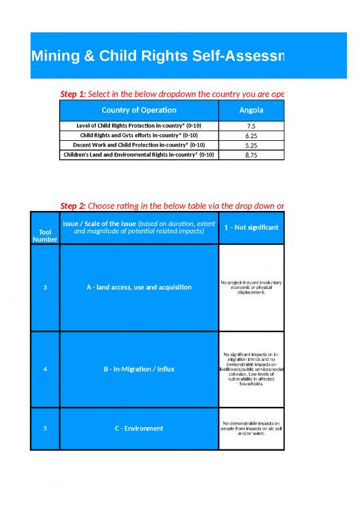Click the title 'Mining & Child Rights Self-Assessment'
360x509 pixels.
pyautogui.click(x=157, y=57)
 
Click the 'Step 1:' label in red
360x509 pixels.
pyautogui.click(x=73, y=94)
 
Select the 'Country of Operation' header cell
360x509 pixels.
pyautogui.click(x=139, y=110)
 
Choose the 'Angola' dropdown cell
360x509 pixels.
pyautogui.click(x=251, y=110)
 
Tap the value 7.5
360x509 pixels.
pyautogui.click(x=251, y=126)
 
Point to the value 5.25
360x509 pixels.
pyautogui.click(x=251, y=145)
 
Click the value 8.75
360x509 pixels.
pyautogui.click(x=251, y=155)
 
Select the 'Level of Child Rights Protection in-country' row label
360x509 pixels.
pyautogui.click(x=139, y=126)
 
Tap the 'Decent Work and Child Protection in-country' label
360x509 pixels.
pyautogui.click(x=139, y=145)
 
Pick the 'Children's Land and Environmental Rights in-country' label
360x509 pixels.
pyautogui.click(x=139, y=155)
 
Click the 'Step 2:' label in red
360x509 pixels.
pyautogui.click(x=73, y=206)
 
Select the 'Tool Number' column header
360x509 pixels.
pyautogui.click(x=45, y=235)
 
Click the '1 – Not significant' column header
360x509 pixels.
pyautogui.click(x=251, y=227)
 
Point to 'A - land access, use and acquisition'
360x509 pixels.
pyautogui.click(x=139, y=288)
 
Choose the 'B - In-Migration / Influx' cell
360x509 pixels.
pyautogui.click(x=139, y=369)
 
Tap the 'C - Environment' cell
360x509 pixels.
pyautogui.click(x=139, y=428)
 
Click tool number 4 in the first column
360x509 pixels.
pyautogui.click(x=45, y=369)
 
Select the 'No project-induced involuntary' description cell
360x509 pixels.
pyautogui.click(x=251, y=288)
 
